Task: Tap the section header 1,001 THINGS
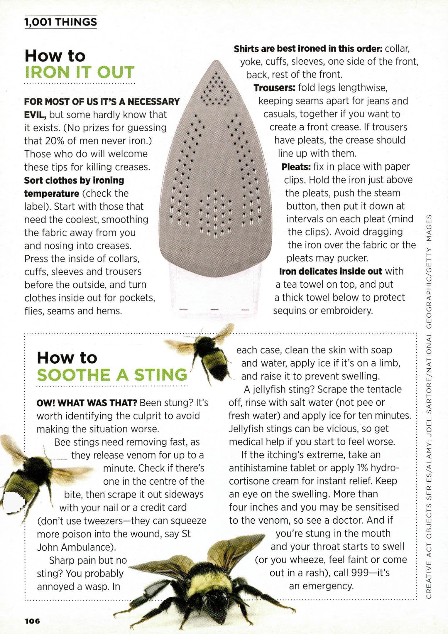(x=60, y=22)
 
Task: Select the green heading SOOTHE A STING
(x=112, y=375)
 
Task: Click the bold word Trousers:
(x=274, y=88)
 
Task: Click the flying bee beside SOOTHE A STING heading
(x=205, y=351)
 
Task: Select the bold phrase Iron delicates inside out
(x=330, y=271)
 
